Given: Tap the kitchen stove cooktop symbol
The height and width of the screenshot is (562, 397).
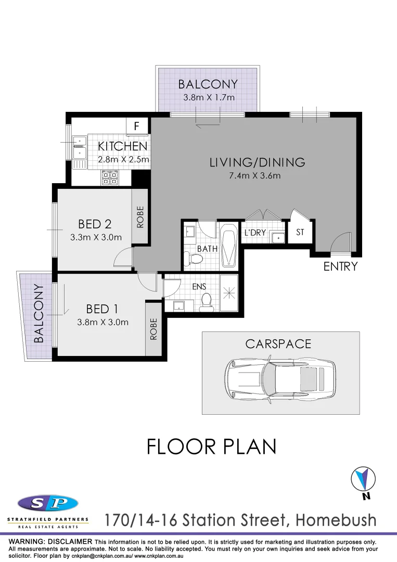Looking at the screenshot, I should point(110,177).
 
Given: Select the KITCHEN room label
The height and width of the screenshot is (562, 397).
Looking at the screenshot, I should point(123,147).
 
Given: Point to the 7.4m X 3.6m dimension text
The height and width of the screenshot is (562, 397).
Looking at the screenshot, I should point(255,175).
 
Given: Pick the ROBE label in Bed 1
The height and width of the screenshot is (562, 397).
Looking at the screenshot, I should point(153,329).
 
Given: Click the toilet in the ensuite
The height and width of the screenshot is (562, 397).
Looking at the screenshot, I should point(207,301).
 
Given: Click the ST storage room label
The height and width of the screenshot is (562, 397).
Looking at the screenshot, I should point(300,233).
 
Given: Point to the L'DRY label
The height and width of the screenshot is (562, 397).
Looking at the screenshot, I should point(255,233).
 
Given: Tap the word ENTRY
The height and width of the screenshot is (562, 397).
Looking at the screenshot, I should point(341,266).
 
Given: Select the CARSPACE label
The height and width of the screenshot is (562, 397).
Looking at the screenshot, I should point(278,344).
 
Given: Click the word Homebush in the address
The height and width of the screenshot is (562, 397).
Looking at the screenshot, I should point(336,519).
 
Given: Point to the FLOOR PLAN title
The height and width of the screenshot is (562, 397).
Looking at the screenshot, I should point(211,446).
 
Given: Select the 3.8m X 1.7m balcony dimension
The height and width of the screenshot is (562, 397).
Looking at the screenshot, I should point(209,97).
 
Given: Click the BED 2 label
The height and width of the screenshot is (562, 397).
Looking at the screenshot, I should point(95,224).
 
